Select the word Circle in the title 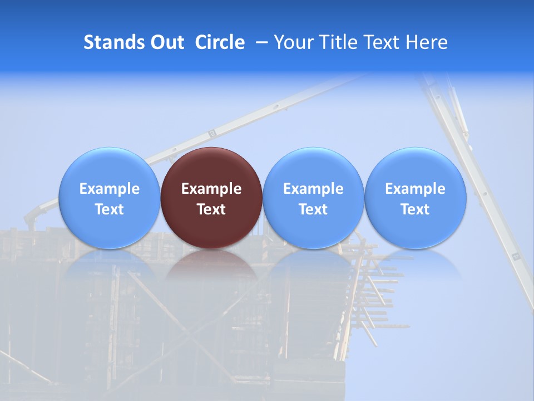point(220,42)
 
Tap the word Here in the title point(427,42)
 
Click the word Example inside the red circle point(211,189)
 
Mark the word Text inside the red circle point(211,209)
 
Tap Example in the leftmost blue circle point(109,189)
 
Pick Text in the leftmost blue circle point(109,209)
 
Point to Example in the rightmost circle point(416,189)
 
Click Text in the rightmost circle point(416,209)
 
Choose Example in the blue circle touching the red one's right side point(313,189)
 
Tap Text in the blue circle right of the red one point(313,209)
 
